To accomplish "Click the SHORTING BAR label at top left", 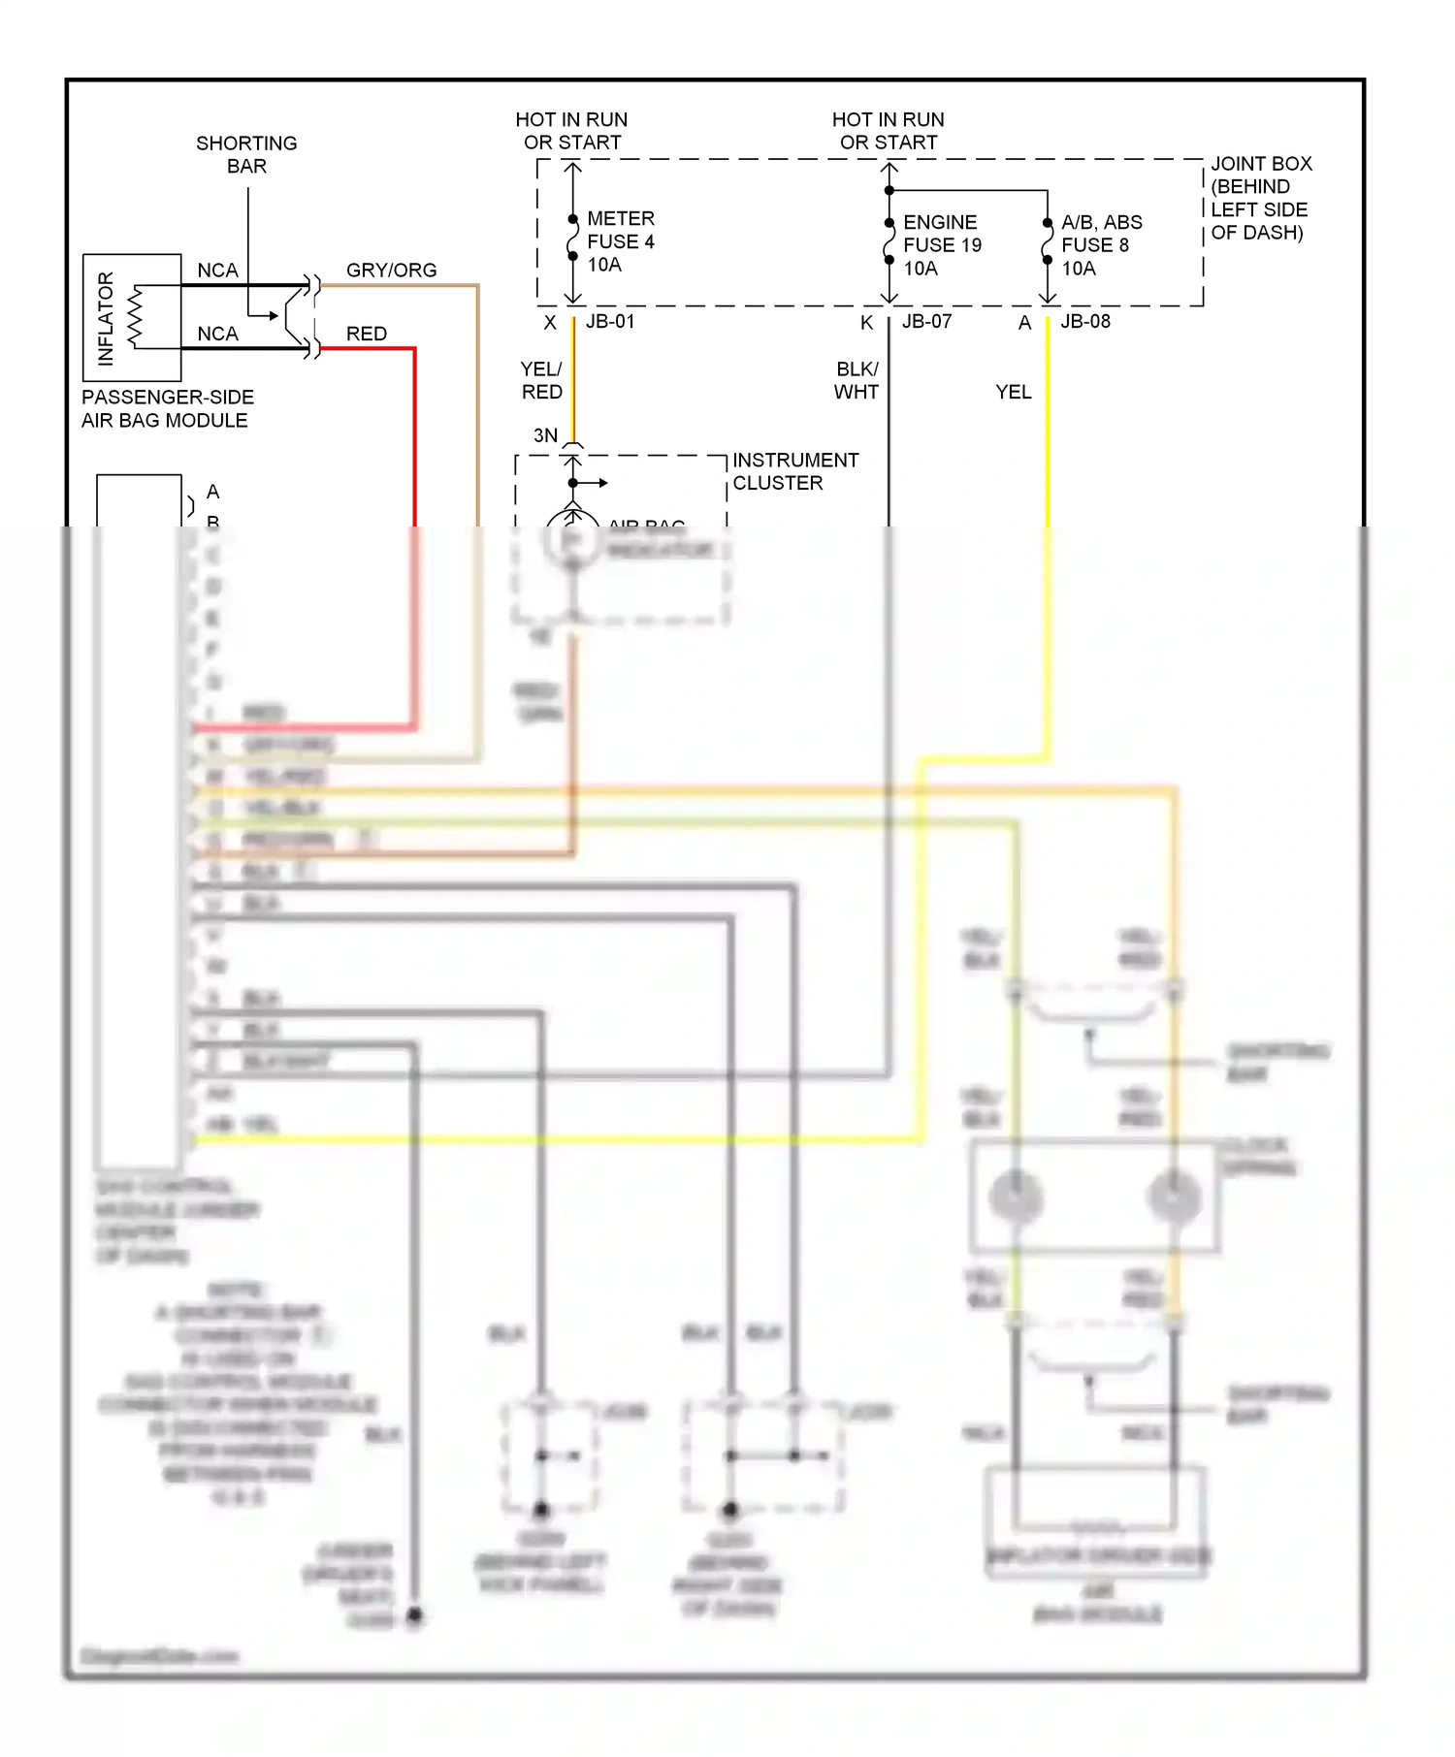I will tap(246, 154).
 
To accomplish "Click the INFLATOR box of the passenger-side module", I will tap(131, 318).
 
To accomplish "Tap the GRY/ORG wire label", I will tap(391, 271).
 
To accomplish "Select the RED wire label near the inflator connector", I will tap(367, 334).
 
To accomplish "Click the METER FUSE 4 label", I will tap(621, 241).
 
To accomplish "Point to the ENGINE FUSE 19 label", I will tap(942, 245).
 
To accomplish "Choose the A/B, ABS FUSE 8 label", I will tap(1101, 245).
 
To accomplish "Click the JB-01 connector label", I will tap(610, 322).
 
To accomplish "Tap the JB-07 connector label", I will tap(926, 322).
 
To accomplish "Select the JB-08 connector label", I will tap(1084, 322).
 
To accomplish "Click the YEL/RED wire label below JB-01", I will tap(541, 380).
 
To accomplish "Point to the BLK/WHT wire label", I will tap(857, 380).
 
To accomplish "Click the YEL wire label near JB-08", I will tap(1013, 392).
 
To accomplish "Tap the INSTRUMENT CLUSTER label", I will tap(794, 471).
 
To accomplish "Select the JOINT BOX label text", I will tap(1260, 198).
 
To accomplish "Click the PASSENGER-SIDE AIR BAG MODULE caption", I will tap(167, 408).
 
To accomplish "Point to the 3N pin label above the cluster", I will tap(545, 435).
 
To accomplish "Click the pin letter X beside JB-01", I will tap(550, 323).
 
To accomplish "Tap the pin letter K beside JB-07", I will tap(866, 323).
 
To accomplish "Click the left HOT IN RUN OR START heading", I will tap(571, 131).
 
